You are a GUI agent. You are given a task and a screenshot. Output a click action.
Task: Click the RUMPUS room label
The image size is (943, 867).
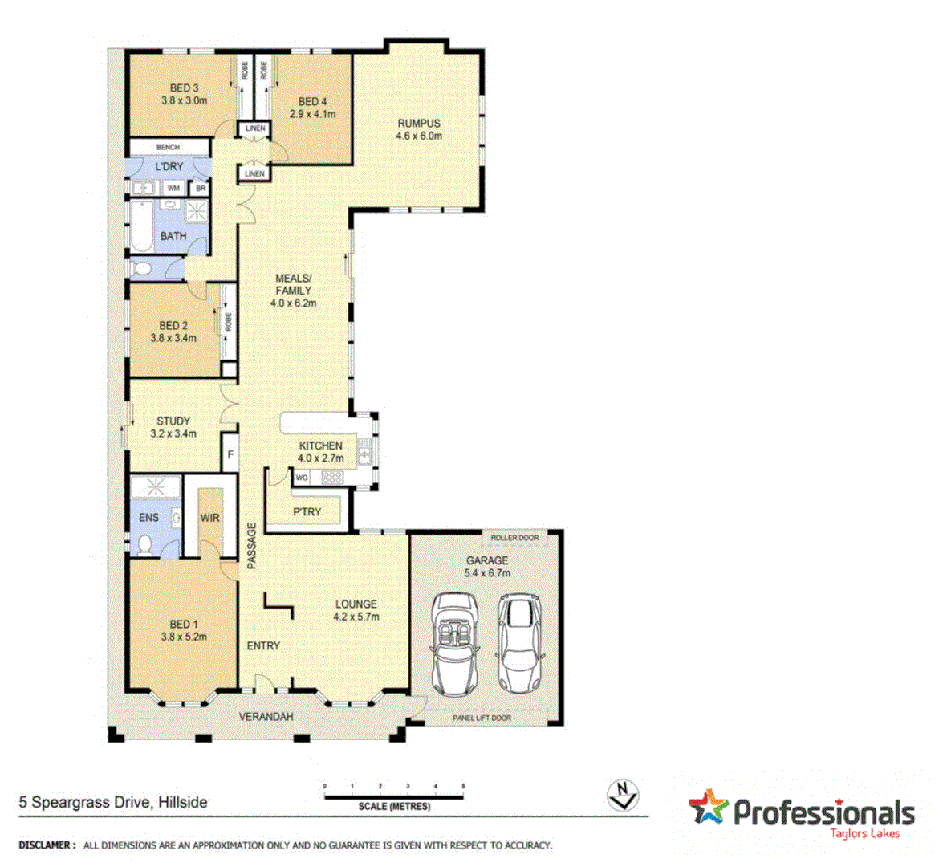[418, 124]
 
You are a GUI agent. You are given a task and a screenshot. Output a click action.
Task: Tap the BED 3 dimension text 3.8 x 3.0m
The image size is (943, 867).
[184, 101]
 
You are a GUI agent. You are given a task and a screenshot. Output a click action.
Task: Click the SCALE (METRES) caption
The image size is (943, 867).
[395, 806]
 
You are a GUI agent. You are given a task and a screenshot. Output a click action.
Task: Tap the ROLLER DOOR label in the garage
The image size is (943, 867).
[514, 537]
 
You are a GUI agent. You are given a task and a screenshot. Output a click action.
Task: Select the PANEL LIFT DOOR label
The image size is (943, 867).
[482, 718]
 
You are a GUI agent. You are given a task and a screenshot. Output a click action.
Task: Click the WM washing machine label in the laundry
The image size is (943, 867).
[173, 189]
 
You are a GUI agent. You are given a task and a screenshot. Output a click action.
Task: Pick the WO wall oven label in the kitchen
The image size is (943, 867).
[302, 478]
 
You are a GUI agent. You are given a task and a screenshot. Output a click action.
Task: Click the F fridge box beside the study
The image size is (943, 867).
[230, 455]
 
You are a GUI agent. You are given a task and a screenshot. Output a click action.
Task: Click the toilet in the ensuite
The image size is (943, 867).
[145, 546]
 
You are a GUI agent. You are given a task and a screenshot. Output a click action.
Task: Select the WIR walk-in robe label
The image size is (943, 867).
[209, 518]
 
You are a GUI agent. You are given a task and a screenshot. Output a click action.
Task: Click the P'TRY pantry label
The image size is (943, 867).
[307, 511]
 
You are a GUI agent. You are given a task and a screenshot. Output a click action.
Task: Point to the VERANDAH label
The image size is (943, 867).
[266, 717]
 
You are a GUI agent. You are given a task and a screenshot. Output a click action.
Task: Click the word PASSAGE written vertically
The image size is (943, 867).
[251, 546]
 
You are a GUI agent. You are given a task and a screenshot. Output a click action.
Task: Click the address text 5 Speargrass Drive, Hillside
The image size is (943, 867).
[113, 802]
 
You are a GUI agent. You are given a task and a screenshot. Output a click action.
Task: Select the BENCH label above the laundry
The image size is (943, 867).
[168, 148]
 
